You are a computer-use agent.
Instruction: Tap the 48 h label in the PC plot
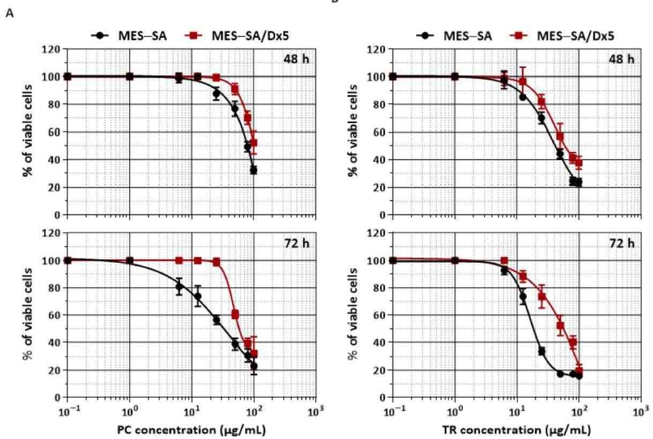click(297, 58)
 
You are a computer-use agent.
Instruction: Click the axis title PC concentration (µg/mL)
click(192, 430)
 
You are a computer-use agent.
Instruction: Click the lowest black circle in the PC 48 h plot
click(253, 170)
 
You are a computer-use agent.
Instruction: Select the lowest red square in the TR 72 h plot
click(579, 370)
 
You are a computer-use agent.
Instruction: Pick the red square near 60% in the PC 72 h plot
click(235, 314)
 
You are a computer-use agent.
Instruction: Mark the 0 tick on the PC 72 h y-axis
click(56, 398)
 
